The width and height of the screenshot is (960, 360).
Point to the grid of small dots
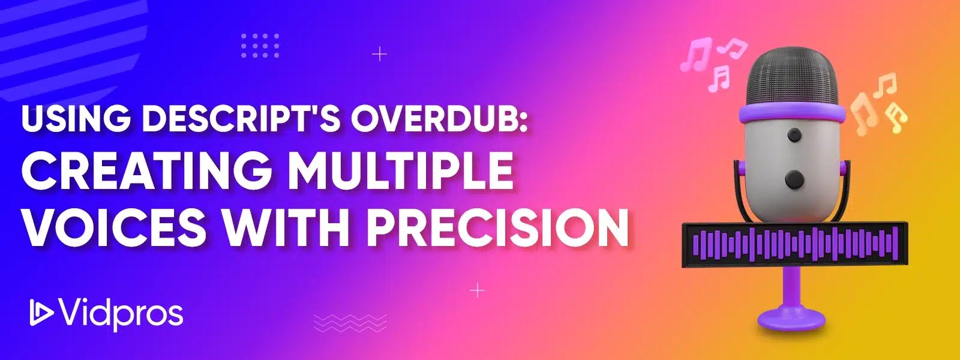(260, 46)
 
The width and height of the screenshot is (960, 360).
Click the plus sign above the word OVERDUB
(379, 55)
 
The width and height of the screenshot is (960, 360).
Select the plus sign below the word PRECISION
(477, 291)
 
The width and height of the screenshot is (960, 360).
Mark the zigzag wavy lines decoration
(350, 323)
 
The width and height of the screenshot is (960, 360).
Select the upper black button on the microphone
(794, 133)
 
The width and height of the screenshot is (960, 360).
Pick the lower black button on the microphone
(794, 178)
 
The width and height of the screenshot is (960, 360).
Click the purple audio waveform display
(795, 245)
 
